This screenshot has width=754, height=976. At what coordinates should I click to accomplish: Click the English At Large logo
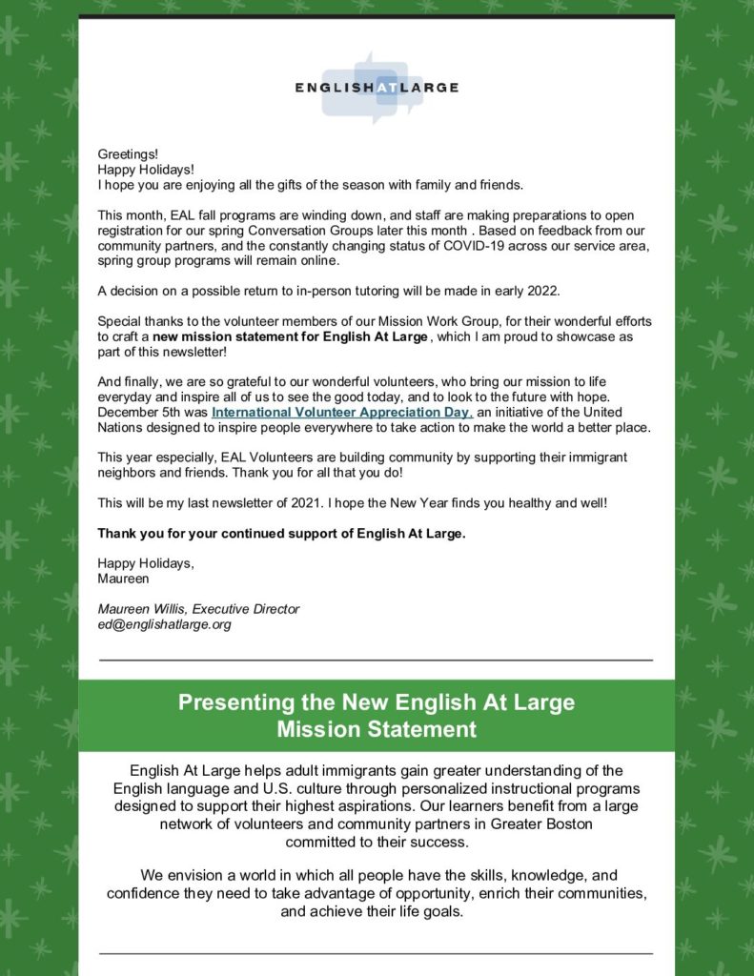(x=377, y=87)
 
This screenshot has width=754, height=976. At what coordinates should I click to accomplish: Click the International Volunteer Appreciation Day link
(x=341, y=412)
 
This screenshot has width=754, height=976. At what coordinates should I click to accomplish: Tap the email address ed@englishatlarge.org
(x=164, y=625)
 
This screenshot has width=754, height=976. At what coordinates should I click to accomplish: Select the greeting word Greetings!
(x=128, y=152)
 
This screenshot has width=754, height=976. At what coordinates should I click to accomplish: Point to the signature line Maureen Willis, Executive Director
(x=198, y=609)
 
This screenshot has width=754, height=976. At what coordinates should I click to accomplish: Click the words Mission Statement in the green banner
(x=377, y=730)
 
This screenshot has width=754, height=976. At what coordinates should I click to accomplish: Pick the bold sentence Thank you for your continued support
(x=281, y=533)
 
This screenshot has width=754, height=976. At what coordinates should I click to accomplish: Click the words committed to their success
(x=377, y=842)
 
